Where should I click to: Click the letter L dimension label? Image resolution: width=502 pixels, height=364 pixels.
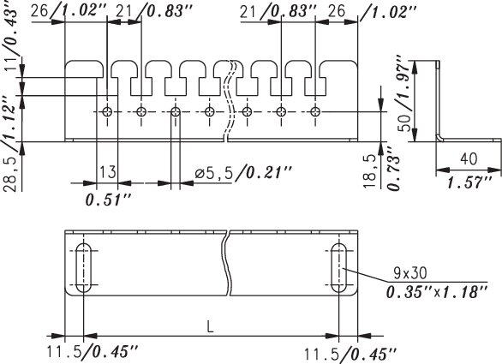point(210,327)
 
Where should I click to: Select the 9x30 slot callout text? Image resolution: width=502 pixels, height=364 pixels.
point(410,273)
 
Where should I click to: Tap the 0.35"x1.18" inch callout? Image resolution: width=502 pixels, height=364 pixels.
point(437,292)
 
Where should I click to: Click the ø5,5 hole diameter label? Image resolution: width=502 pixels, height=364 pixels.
point(213,173)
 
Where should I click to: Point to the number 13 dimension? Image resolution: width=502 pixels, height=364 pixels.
point(108,172)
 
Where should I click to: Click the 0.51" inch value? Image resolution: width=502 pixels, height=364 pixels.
point(109,200)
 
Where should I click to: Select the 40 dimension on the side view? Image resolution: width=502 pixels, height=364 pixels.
point(469,158)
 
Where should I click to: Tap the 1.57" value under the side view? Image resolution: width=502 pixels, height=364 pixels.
point(469,183)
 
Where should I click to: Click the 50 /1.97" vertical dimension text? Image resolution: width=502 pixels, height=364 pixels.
point(404,93)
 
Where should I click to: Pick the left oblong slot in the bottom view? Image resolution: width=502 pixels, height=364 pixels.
point(84,267)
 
